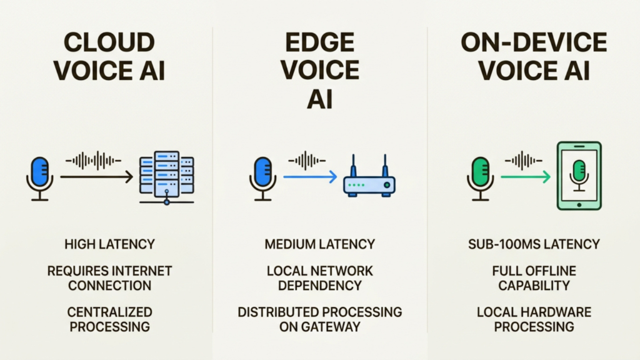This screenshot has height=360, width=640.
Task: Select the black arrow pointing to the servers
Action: coord(97,177)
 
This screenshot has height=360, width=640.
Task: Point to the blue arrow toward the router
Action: coord(309,177)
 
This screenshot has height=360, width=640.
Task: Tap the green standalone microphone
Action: coord(480,176)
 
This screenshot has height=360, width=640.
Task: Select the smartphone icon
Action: coord(579,175)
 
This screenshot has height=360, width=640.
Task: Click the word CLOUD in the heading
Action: coord(109,42)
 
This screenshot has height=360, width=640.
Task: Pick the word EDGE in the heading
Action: coord(319,42)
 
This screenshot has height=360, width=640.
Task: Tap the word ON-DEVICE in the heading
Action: coord(534,42)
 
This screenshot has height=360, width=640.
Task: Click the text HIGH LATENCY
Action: coord(109,244)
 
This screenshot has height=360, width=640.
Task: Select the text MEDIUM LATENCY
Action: coord(319,244)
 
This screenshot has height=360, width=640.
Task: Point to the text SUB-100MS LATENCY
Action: coord(534,244)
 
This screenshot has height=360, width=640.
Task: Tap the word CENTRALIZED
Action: coord(109,312)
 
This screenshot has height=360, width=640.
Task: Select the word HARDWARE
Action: coord(558,312)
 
